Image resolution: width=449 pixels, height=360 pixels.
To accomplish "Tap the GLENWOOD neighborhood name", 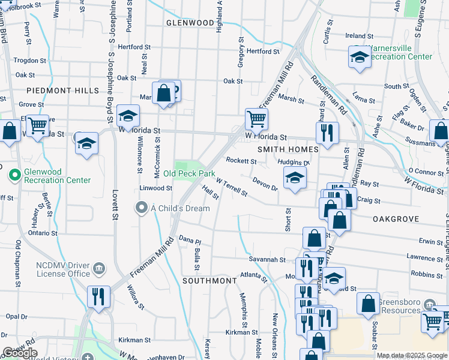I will pos(190,23).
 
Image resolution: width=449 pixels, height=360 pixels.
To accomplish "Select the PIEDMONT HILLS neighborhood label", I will pos(62,90).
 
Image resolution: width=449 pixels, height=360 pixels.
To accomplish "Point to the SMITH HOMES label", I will pos(288,149).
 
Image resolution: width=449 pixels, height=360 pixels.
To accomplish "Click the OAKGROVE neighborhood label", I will pos(394,220).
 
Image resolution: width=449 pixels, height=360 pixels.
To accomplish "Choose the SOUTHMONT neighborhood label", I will pos(209,281).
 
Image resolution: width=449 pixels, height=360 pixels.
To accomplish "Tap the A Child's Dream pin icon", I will pos(142,208).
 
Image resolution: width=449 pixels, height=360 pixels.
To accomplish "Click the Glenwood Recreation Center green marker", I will pos(14,175).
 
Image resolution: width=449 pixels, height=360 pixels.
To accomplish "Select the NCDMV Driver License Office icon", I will pos(100,268).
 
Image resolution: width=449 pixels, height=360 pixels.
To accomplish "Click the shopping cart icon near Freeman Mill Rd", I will pos(256,119).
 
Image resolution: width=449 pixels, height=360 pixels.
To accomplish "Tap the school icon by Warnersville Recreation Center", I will pos(359,58).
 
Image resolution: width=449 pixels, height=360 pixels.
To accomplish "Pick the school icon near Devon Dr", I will pos(294,178).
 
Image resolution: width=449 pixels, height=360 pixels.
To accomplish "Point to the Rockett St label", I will pos(241,161).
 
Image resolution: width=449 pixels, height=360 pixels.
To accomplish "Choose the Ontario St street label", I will pos(41,233).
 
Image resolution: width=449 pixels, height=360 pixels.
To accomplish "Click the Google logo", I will pos(19,353).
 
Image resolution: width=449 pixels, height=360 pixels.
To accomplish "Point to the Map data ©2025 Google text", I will pos(411,355).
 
